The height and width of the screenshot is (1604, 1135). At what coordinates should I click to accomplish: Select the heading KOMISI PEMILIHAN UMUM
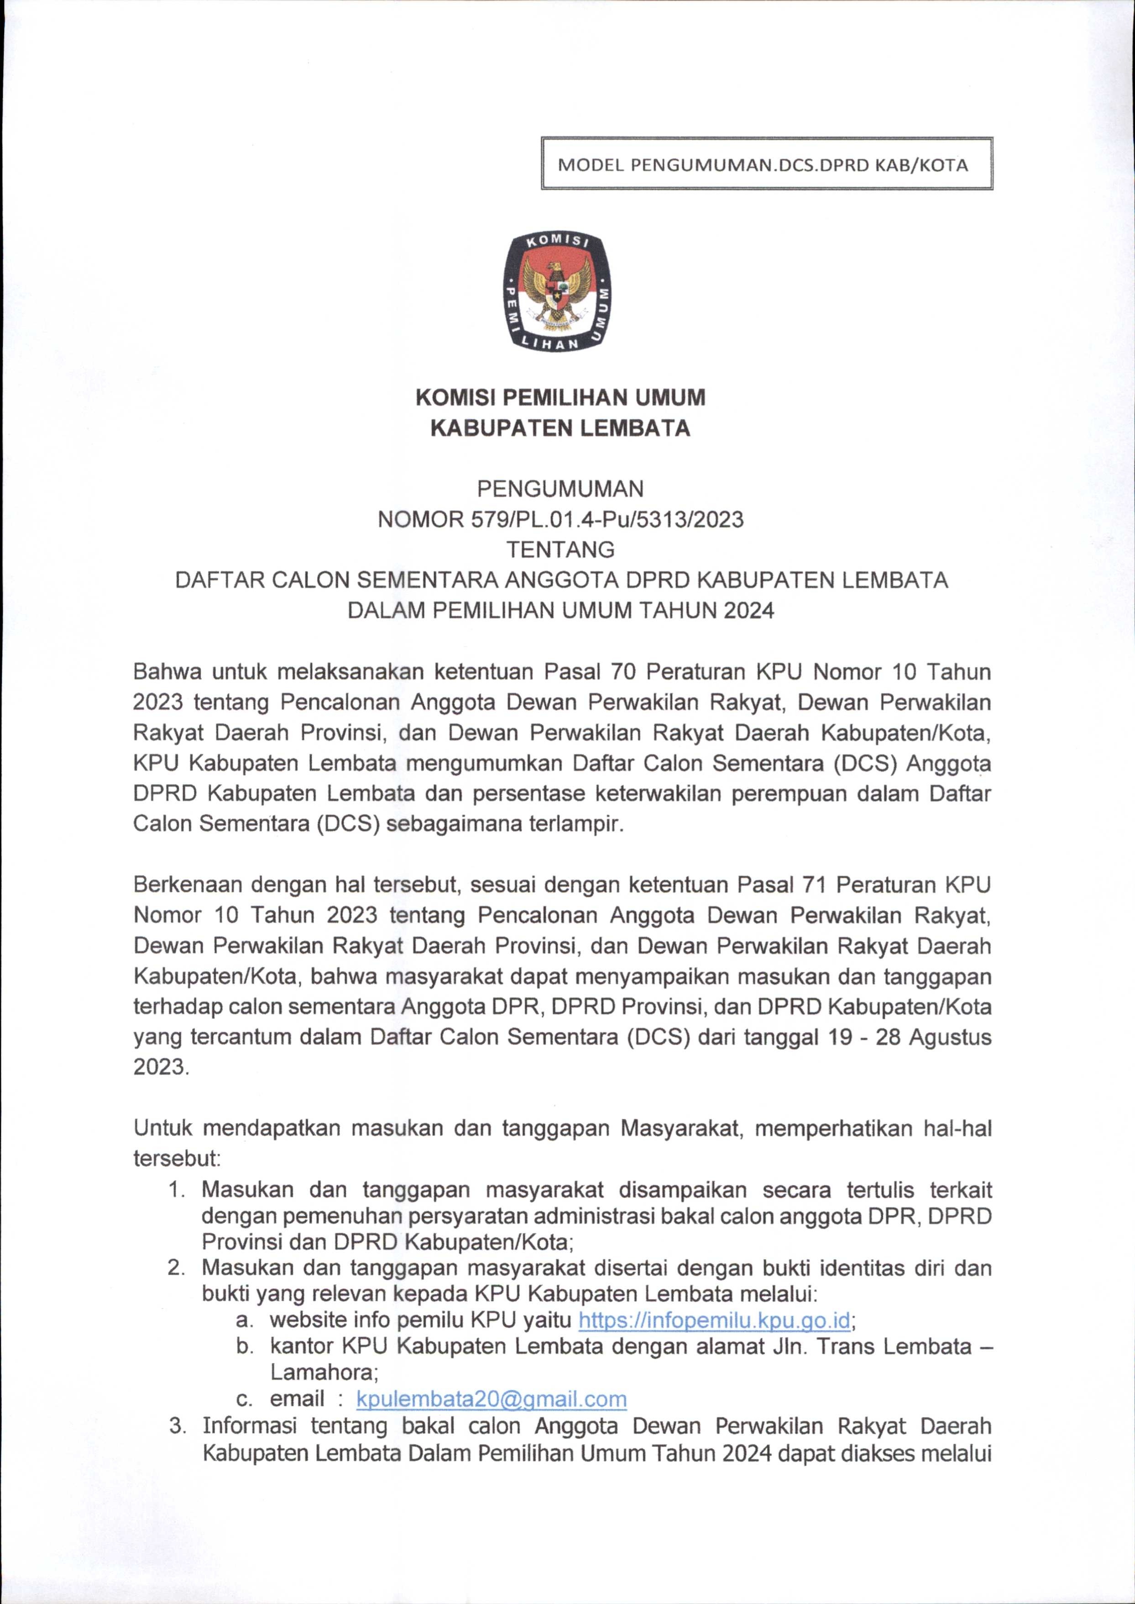[x=560, y=397]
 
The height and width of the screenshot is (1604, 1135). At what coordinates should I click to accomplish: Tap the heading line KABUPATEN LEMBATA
[x=560, y=427]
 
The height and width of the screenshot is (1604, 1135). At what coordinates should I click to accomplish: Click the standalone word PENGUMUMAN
[x=560, y=487]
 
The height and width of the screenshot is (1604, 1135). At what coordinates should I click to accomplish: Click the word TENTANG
[x=560, y=549]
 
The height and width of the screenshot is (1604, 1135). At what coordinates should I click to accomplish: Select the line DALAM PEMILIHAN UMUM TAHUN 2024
[x=560, y=611]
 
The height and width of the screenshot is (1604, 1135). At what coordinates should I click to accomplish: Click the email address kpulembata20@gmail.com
[x=492, y=1398]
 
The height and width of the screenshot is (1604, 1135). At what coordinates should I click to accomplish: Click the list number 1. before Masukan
[x=177, y=1189]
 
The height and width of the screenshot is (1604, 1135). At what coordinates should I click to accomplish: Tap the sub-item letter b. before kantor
[x=244, y=1346]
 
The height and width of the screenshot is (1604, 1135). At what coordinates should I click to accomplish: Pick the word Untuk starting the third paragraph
[x=162, y=1128]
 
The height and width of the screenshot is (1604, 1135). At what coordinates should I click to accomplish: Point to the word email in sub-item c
[x=298, y=1398]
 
